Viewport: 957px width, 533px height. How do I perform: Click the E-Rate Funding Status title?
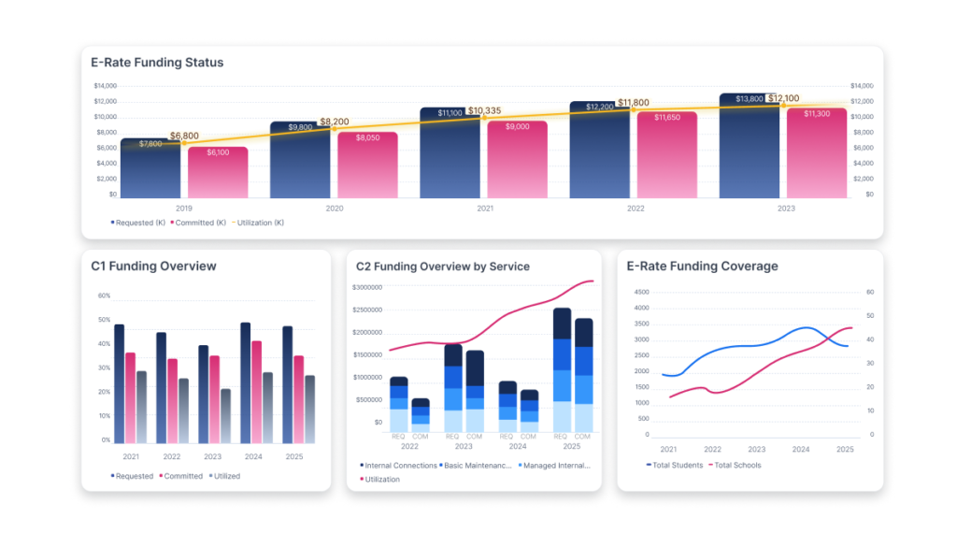(157, 63)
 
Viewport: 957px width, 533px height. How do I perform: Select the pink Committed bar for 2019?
(218, 173)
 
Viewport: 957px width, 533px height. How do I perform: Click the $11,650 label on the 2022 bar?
(667, 118)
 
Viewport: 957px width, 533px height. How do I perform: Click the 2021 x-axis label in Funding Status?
(485, 209)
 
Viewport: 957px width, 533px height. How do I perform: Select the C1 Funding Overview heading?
(153, 266)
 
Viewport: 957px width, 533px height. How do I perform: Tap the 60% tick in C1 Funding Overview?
(104, 295)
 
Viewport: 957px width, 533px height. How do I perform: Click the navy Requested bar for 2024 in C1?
(246, 383)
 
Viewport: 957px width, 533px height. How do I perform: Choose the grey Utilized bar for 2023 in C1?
(224, 416)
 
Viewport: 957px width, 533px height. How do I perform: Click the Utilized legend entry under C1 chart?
(225, 476)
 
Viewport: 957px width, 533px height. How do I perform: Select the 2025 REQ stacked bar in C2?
(562, 369)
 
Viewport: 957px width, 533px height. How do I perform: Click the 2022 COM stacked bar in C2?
(421, 415)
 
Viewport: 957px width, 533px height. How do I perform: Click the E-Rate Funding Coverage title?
(702, 266)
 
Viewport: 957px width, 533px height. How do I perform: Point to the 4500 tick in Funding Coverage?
(641, 292)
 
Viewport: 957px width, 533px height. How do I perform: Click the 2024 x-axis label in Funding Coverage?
(801, 450)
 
